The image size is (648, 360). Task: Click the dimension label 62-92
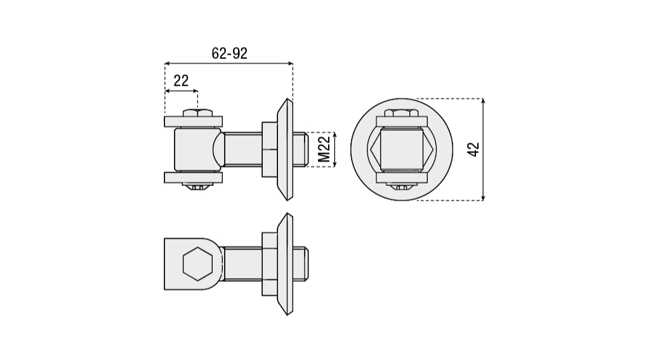[229, 53]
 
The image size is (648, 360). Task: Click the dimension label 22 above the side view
[181, 81]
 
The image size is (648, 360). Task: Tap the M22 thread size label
[324, 150]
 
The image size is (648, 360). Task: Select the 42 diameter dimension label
[473, 150]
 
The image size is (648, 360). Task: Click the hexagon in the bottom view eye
[197, 263]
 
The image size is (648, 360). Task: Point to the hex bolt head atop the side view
[197, 113]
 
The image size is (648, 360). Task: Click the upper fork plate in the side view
[194, 121]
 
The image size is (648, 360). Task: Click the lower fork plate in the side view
[194, 178]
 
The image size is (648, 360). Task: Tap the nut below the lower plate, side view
[197, 187]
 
